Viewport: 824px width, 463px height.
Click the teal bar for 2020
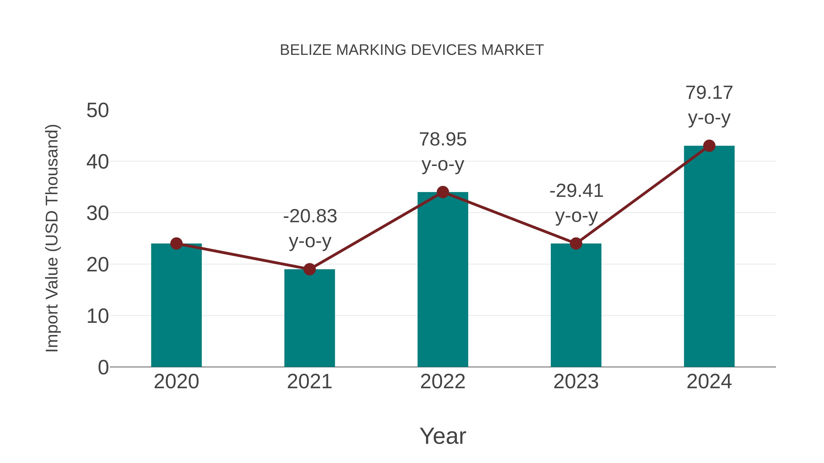tap(176, 305)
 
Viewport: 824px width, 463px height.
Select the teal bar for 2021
tap(309, 318)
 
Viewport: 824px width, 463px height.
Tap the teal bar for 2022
tap(443, 280)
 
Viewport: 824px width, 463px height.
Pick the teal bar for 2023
tap(576, 305)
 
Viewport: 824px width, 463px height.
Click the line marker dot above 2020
tap(176, 244)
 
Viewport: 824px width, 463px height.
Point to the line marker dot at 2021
tap(309, 269)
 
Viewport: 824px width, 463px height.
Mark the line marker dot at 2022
tap(443, 192)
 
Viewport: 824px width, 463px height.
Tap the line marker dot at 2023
tap(576, 244)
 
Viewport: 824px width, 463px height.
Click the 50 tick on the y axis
tap(98, 111)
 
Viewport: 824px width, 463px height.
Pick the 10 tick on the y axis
tap(98, 316)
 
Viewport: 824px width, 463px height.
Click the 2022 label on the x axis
tap(443, 382)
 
